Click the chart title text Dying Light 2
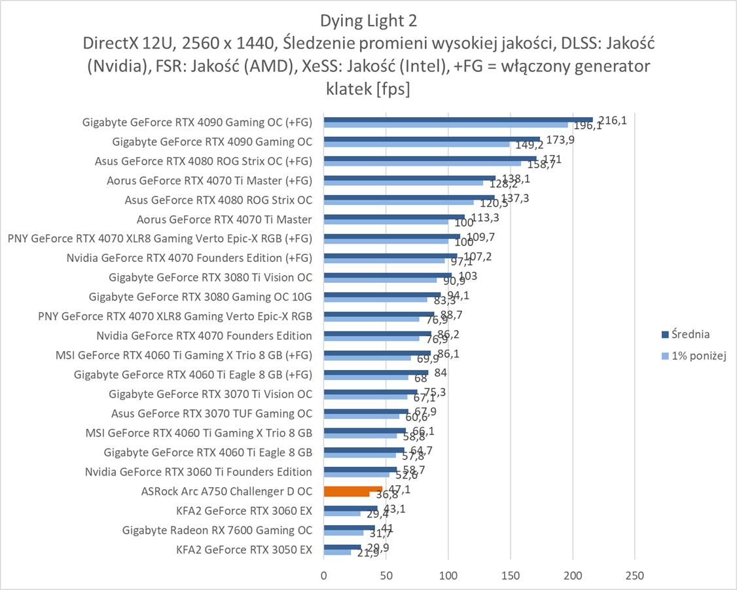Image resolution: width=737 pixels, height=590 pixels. [369, 21]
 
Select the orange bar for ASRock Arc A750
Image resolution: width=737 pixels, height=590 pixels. [353, 489]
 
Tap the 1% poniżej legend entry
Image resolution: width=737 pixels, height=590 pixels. [699, 356]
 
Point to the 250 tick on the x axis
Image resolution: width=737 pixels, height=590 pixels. [634, 576]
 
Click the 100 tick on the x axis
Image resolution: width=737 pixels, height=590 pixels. [448, 576]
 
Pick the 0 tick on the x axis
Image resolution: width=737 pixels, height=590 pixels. [323, 576]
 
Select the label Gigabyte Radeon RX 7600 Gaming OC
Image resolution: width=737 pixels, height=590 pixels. [217, 530]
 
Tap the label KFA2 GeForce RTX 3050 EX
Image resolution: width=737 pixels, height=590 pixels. [243, 549]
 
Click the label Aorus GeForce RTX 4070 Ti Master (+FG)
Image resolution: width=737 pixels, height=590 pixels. [209, 180]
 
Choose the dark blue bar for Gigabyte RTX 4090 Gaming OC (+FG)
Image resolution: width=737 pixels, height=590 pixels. [458, 119]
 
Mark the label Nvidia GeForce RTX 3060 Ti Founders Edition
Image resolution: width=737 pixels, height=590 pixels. [198, 472]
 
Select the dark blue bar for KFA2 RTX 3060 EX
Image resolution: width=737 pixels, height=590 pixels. [350, 508]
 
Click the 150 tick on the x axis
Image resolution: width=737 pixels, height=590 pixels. [510, 576]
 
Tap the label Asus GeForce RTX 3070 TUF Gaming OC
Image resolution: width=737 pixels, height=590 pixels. [211, 414]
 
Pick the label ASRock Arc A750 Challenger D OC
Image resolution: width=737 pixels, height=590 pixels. [226, 491]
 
